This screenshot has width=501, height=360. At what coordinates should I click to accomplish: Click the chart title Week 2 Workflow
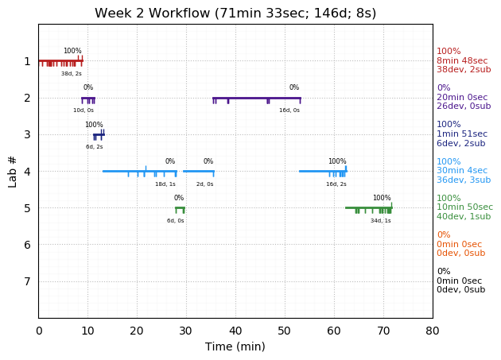click(x=235, y=13)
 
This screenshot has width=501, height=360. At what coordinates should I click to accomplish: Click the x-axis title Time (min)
click(x=235, y=346)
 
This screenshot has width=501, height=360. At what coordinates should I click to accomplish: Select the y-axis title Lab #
click(x=13, y=171)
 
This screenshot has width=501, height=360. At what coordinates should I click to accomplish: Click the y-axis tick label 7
click(x=27, y=281)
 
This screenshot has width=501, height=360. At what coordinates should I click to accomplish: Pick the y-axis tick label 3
click(x=27, y=134)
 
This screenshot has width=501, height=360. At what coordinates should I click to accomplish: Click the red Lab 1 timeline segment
click(x=60, y=60)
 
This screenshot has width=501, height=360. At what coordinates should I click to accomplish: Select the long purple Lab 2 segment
click(x=256, y=98)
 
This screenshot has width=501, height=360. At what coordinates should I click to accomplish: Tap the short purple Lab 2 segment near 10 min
click(x=87, y=98)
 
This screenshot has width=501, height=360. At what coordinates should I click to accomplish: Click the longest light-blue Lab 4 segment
click(x=139, y=171)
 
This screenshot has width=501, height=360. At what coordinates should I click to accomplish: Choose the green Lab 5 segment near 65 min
click(x=368, y=207)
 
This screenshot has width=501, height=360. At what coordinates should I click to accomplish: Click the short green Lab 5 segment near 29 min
click(x=180, y=207)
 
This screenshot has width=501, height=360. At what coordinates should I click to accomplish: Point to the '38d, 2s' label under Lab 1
click(x=72, y=74)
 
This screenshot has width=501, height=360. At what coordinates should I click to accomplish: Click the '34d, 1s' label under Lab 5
click(x=380, y=220)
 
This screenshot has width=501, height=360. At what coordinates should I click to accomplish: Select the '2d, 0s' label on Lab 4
click(x=204, y=184)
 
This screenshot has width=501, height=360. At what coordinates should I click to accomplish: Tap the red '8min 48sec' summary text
click(x=462, y=60)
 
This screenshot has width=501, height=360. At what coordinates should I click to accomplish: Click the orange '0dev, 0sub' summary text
click(x=460, y=254)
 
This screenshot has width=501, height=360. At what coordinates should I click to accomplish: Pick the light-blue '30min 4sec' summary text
click(x=462, y=171)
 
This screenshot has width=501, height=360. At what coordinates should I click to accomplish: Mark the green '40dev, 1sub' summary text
click(x=464, y=216)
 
